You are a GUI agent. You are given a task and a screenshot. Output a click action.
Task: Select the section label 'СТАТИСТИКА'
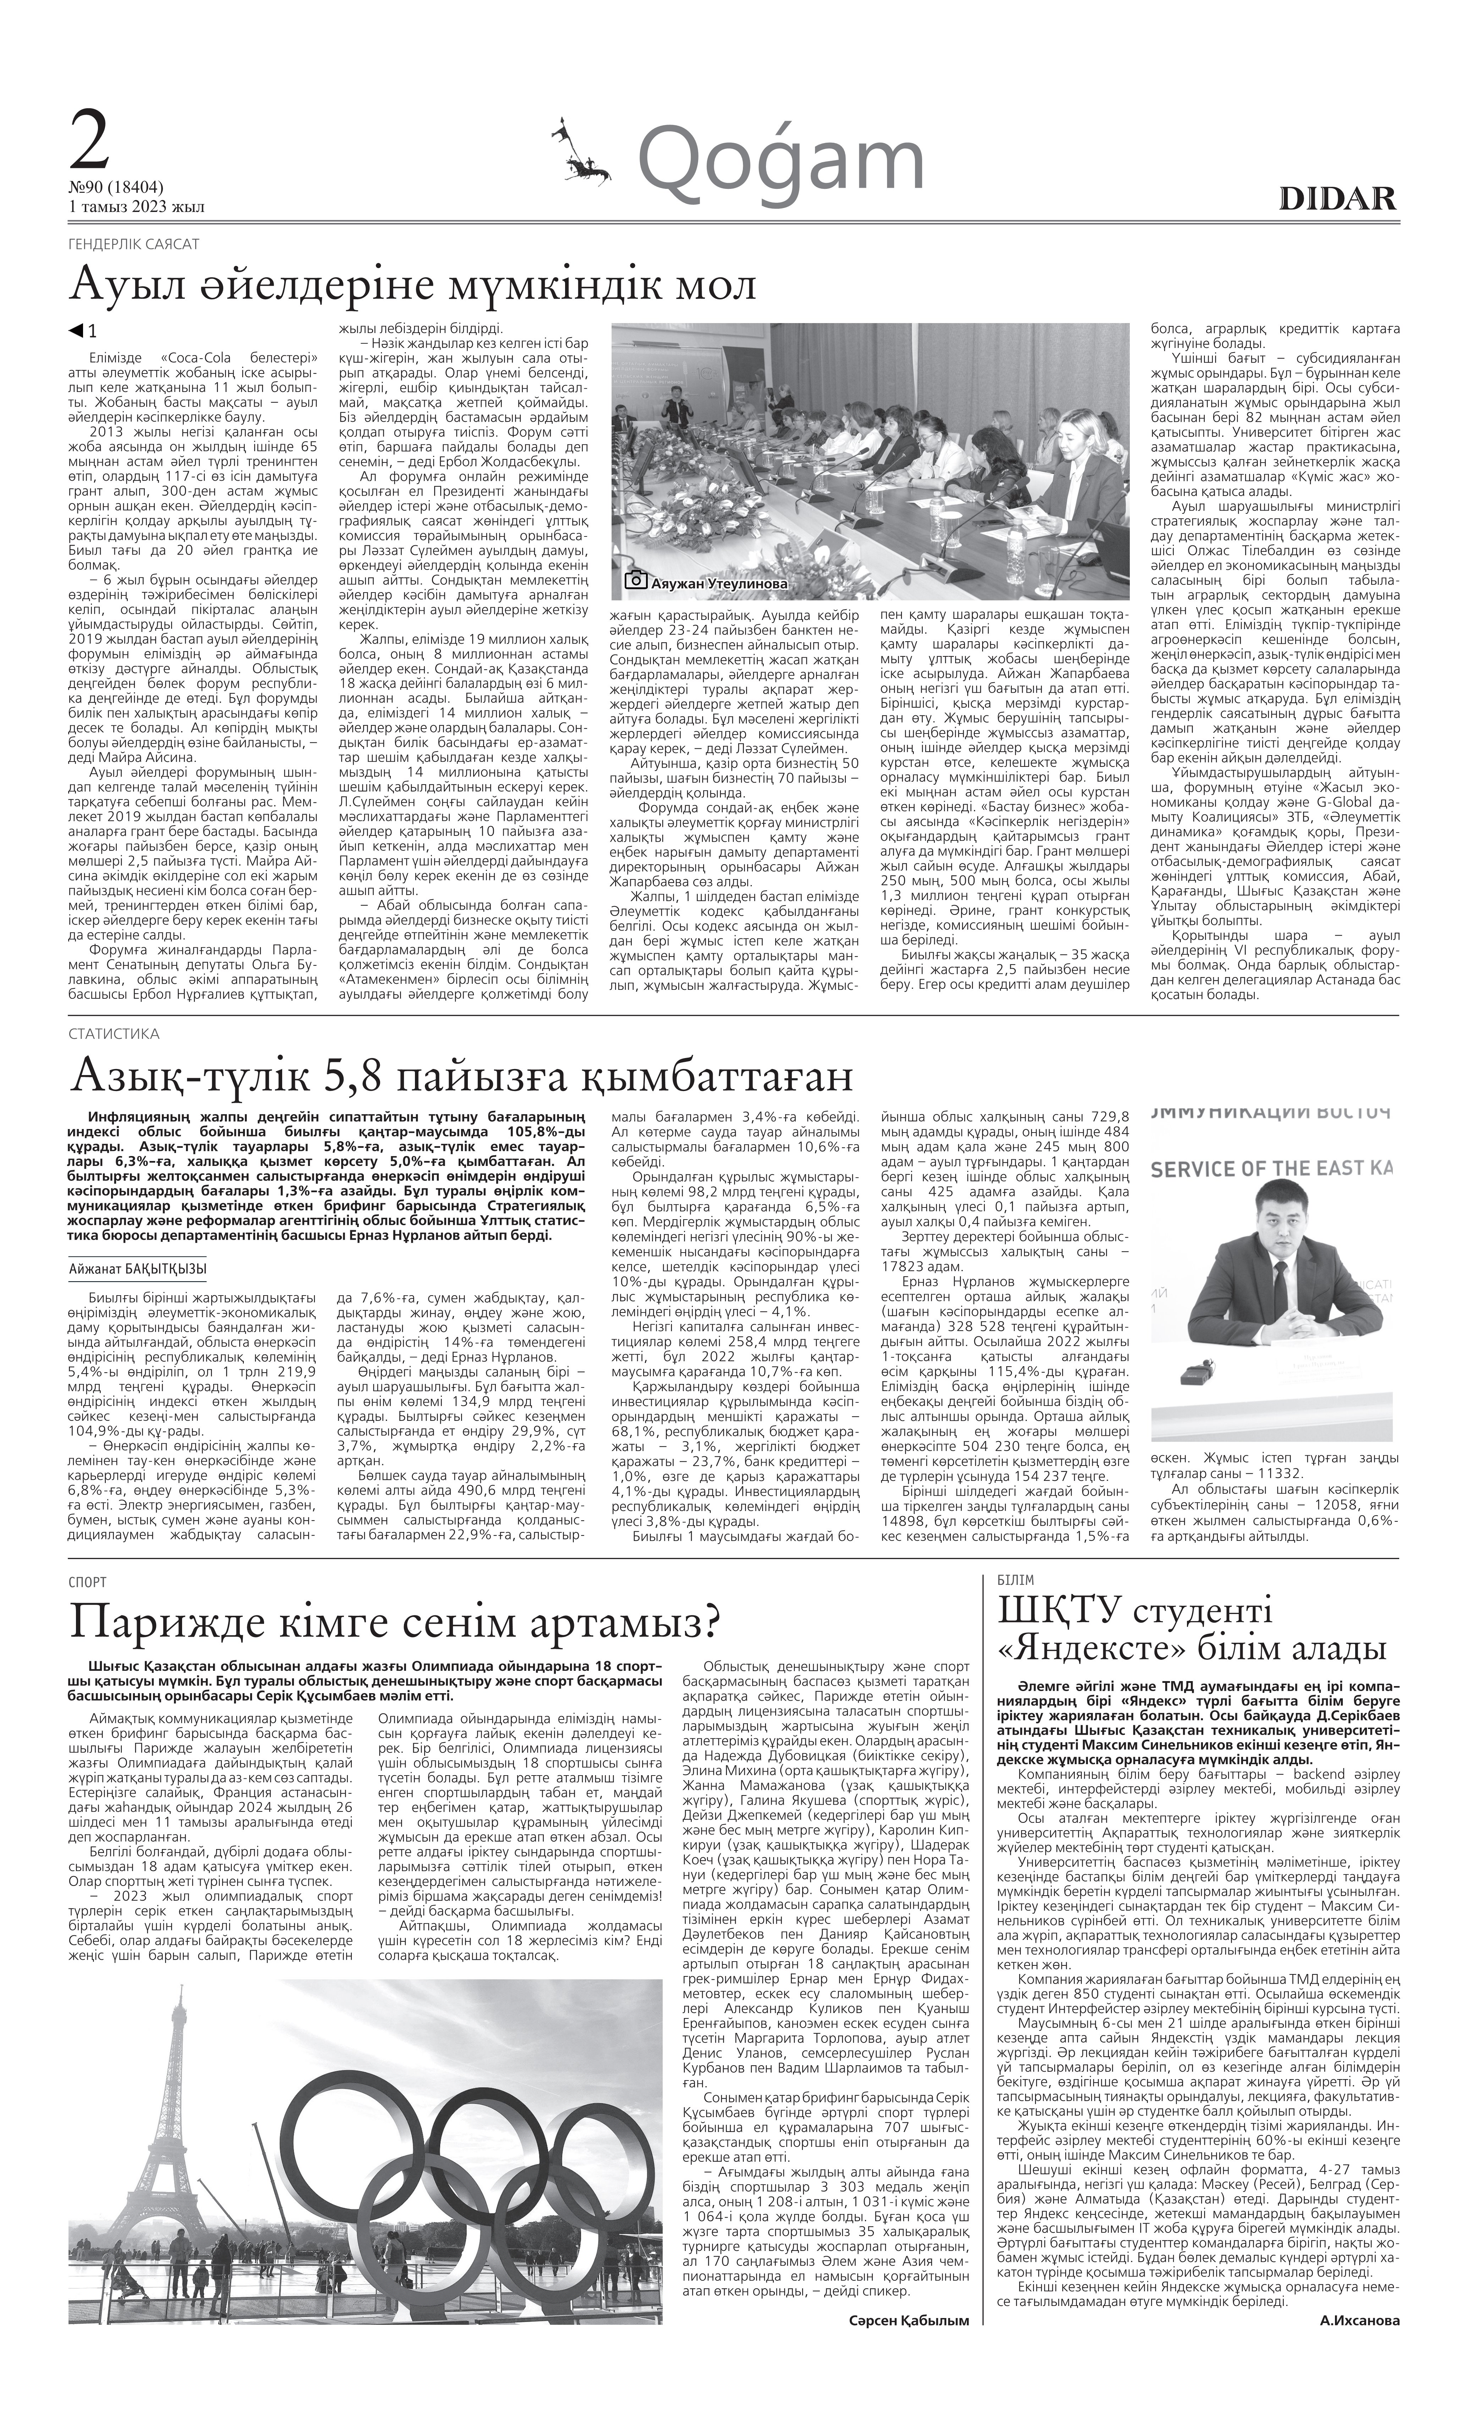pyautogui.click(x=114, y=1034)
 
